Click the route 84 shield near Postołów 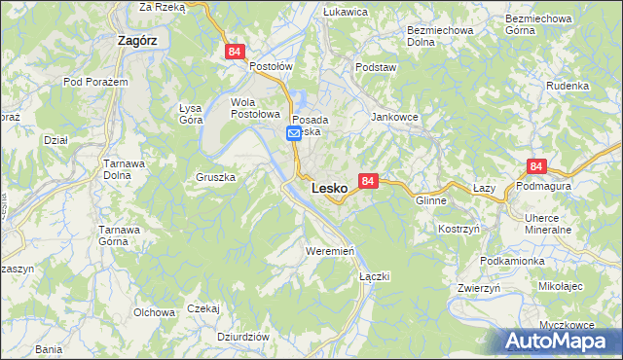(234, 53)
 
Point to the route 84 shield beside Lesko (368, 182)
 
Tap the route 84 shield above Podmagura (535, 167)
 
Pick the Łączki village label (375, 276)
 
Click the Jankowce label (394, 116)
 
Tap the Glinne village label (430, 200)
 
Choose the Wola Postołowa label (255, 108)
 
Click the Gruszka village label (216, 179)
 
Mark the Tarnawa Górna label (122, 235)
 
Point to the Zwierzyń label (479, 289)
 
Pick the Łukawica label (345, 12)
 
